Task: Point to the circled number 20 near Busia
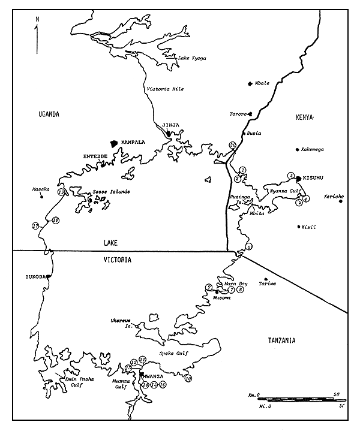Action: pyautogui.click(x=232, y=145)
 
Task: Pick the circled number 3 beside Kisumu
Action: pyautogui.click(x=291, y=176)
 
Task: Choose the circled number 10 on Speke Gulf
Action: pyautogui.click(x=188, y=378)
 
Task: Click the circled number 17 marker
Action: pyautogui.click(x=35, y=226)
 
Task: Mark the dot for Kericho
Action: pyautogui.click(x=341, y=201)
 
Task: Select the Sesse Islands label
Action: pyautogui.click(x=111, y=192)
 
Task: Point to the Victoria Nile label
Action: pyautogui.click(x=166, y=89)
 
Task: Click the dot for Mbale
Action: pyautogui.click(x=250, y=83)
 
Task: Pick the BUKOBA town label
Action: pyautogui.click(x=35, y=277)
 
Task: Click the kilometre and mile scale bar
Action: pyautogui.click(x=296, y=399)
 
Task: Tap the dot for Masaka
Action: pyautogui.click(x=42, y=197)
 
